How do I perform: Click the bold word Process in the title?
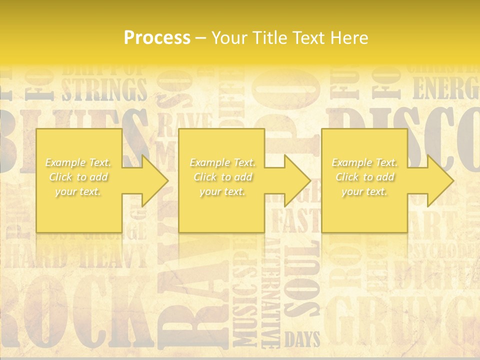[x=157, y=38]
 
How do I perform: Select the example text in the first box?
[x=78, y=177]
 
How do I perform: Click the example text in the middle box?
[x=222, y=177]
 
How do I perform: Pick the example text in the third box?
[x=364, y=177]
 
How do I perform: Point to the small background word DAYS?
[x=302, y=340]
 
